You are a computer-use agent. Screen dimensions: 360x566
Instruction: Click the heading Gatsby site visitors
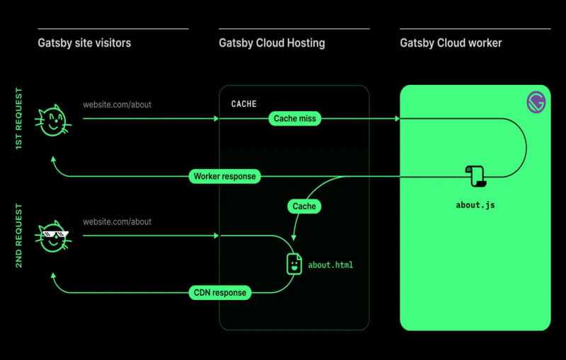pos(84,43)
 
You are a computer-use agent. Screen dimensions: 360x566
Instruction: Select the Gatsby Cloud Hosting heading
pos(272,43)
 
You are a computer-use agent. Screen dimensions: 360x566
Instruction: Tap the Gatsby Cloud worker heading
pos(451,43)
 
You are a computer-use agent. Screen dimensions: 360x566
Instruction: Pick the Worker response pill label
pos(224,176)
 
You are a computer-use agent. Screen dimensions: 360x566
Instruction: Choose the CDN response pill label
pos(220,292)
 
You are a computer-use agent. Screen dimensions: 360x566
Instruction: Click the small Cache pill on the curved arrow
pos(304,207)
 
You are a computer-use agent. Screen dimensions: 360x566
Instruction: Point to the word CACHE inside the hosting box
pos(244,104)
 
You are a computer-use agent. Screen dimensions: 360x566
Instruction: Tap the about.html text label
pos(330,265)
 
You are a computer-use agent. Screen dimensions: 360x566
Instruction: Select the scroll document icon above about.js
pos(473,176)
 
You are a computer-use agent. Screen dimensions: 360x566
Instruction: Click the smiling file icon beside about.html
pos(294,264)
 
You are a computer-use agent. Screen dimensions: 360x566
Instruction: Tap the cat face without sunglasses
pos(52,121)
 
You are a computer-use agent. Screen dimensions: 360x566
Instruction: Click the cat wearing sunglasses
pos(52,236)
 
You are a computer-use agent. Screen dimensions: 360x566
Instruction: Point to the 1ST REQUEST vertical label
pos(19,120)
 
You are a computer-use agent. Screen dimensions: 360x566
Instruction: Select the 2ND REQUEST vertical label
pos(19,236)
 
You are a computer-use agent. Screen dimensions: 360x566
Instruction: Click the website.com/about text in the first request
pos(117,105)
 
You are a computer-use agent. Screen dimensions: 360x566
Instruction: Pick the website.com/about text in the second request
pos(117,221)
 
